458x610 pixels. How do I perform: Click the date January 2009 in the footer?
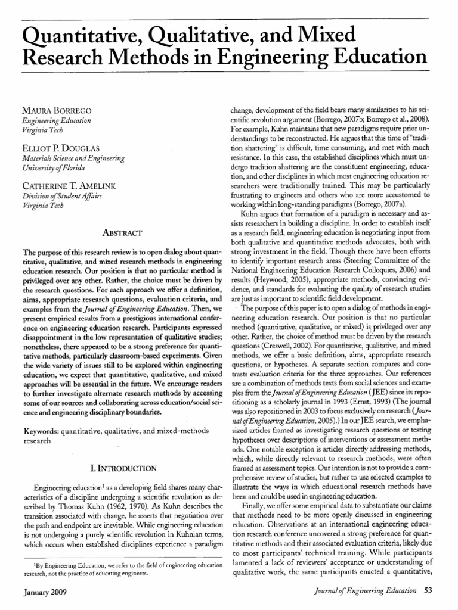point(45,592)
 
